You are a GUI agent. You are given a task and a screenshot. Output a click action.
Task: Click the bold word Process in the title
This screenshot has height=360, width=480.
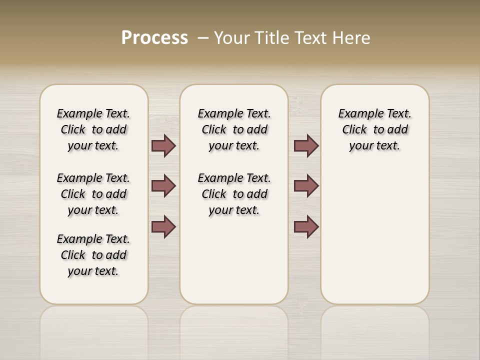154,38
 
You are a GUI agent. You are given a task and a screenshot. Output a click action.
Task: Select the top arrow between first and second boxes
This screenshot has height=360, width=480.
163,146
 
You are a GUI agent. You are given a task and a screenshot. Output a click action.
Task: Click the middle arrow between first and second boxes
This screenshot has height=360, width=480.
163,186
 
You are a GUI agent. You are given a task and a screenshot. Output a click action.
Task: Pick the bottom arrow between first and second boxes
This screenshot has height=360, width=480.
163,227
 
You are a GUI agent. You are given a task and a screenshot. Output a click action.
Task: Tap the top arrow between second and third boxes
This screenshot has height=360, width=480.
306,146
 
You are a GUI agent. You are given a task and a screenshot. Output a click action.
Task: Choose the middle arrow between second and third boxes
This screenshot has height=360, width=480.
306,186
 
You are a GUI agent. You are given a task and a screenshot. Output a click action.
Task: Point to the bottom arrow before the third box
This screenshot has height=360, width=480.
306,227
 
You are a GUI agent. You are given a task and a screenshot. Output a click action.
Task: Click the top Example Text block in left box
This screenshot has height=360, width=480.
93,129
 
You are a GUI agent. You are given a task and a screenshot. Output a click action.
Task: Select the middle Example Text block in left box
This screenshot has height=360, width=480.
93,194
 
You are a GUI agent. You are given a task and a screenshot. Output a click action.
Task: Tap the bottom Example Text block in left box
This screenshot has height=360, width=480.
93,255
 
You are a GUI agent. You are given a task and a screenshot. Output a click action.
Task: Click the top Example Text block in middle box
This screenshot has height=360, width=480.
234,129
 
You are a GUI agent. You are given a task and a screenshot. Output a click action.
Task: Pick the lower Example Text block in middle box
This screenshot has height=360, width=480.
234,194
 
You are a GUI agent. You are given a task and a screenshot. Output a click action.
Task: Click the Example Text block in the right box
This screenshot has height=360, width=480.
375,129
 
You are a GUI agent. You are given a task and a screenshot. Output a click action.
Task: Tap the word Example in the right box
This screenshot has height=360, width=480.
357,114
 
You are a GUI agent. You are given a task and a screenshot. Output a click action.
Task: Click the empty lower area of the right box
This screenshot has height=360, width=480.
375,240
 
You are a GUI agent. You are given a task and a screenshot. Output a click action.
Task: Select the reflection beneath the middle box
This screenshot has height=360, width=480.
234,330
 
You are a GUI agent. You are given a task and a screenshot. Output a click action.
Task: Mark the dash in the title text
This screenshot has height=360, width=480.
203,38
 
